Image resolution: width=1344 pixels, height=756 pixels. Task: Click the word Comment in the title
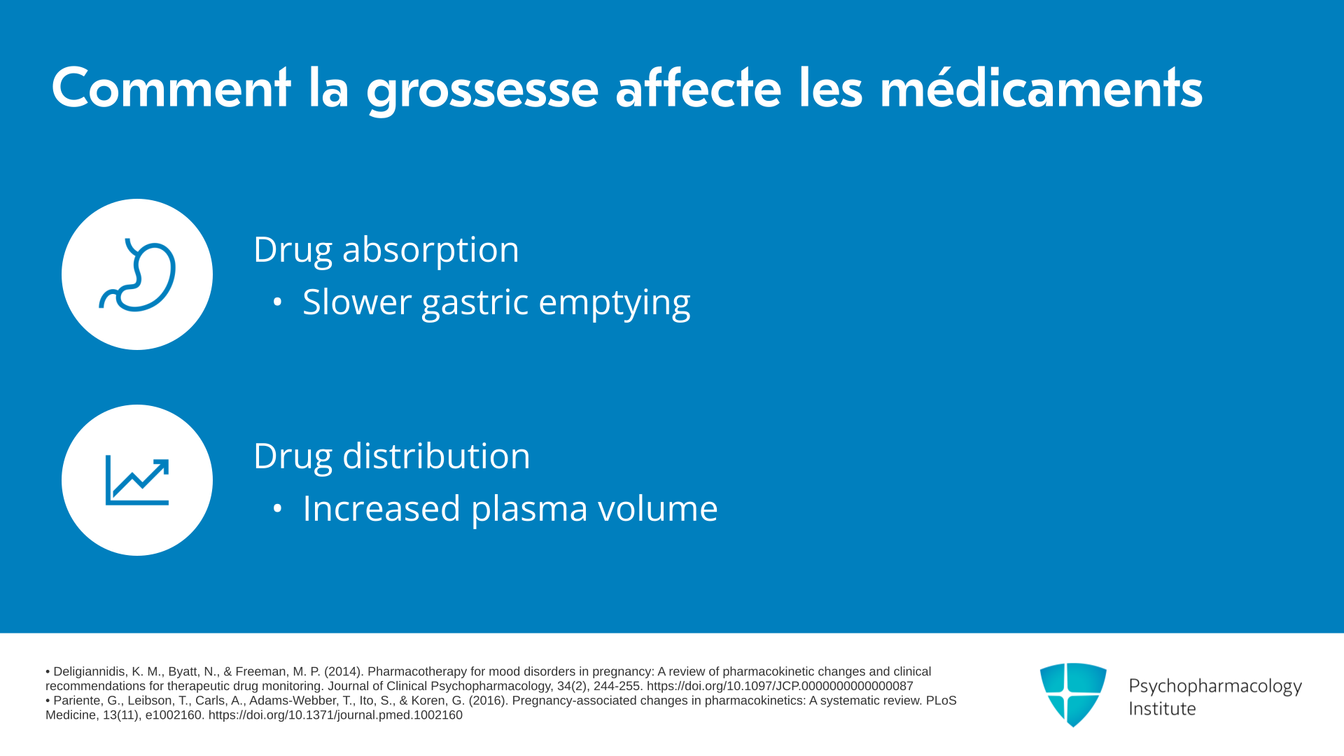[171, 88]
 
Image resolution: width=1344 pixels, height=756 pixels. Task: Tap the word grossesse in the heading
[482, 92]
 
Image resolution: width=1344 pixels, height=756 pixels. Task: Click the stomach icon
[138, 274]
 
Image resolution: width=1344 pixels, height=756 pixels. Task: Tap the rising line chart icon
[137, 481]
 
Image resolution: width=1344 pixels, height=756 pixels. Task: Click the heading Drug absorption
[386, 250]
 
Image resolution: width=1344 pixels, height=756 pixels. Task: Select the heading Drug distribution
[392, 456]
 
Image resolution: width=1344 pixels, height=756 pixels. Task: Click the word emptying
[615, 304]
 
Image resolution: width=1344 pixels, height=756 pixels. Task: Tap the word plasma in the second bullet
[529, 509]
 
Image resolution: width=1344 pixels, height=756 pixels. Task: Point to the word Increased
[381, 508]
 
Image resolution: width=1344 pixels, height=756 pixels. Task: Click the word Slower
[357, 302]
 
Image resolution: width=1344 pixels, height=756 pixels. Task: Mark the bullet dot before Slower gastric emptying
[278, 302]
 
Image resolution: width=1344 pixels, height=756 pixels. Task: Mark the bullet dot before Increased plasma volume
[278, 509]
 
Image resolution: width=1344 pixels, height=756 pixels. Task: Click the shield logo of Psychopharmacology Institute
[1073, 694]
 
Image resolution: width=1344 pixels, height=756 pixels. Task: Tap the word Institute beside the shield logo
[1162, 709]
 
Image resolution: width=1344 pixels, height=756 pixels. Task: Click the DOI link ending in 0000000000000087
[780, 686]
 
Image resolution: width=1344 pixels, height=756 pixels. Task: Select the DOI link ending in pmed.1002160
[335, 715]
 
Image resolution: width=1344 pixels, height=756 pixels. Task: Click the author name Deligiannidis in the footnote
[90, 672]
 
